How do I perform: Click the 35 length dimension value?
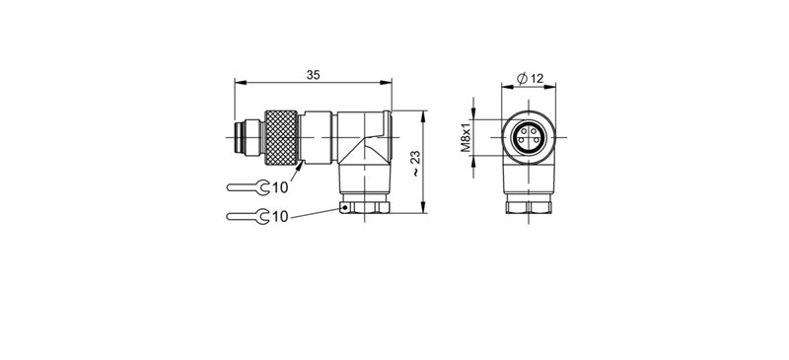pos(313,75)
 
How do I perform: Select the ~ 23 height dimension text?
pos(416,162)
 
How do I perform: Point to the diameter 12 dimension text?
pos(531,79)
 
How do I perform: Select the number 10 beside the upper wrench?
pos(280,187)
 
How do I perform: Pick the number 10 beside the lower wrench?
pos(280,216)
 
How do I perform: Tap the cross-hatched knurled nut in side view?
pos(283,138)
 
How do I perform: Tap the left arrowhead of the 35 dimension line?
pos(238,84)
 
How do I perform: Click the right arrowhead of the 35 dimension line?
pos(390,84)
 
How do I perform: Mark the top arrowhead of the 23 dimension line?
pos(424,114)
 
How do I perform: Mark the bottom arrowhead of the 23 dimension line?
pos(424,209)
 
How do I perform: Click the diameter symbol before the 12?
pos(521,79)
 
